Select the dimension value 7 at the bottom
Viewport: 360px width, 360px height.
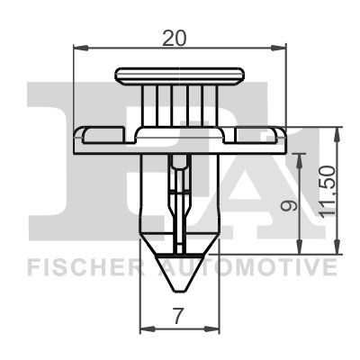click(x=178, y=316)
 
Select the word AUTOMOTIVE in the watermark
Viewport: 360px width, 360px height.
click(x=247, y=266)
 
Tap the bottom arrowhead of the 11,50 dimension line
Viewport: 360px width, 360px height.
click(x=337, y=251)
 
